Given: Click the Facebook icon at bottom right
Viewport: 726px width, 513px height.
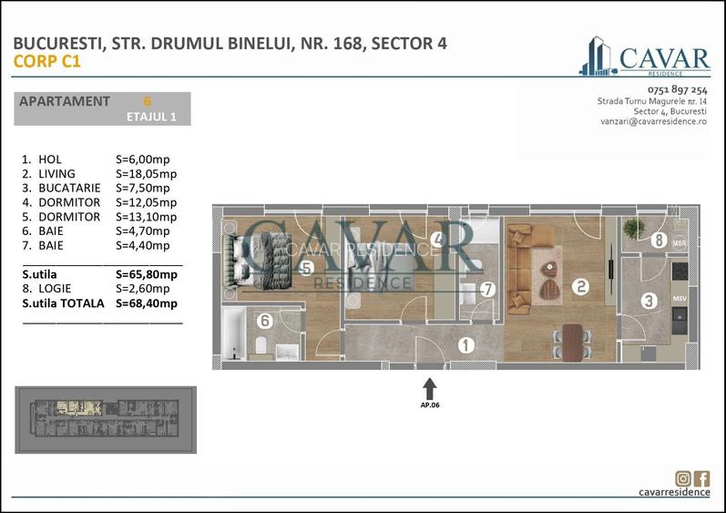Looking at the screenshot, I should (x=701, y=478).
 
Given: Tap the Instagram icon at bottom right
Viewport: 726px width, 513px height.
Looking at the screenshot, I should (x=683, y=478).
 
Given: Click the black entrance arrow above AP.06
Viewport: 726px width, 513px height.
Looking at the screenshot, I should (x=430, y=388).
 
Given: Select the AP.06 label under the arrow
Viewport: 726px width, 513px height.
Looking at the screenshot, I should (x=430, y=406).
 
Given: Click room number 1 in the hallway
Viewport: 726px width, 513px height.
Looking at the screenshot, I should (x=465, y=345).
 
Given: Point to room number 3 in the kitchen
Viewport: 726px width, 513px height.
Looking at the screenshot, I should (x=649, y=300).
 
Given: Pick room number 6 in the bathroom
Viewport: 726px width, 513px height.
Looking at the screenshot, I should (x=264, y=321).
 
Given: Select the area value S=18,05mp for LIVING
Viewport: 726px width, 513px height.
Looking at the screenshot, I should (x=147, y=173).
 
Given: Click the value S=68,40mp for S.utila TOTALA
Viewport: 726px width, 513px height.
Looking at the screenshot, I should (x=147, y=303).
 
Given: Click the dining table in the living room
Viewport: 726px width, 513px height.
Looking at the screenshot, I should (x=572, y=343).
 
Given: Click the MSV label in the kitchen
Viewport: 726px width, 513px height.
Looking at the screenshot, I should (x=680, y=297).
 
